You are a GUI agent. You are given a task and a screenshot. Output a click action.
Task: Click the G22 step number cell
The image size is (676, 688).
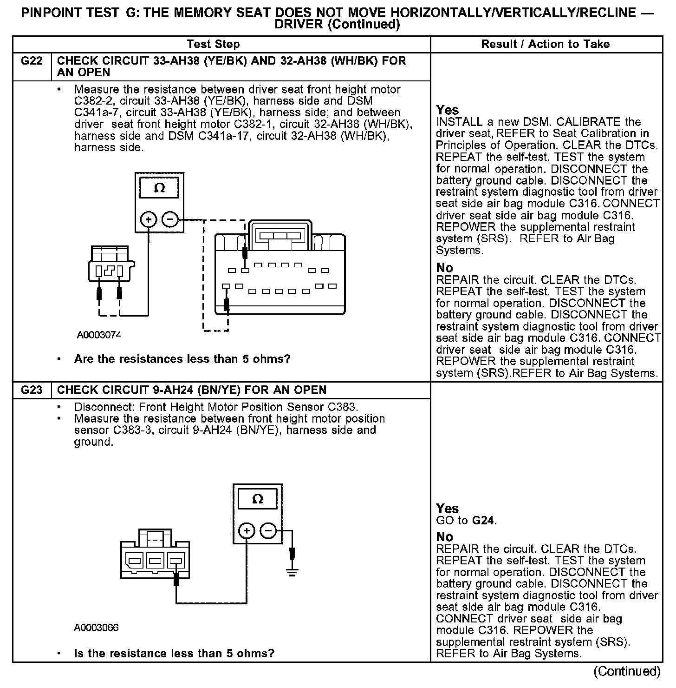click(x=32, y=61)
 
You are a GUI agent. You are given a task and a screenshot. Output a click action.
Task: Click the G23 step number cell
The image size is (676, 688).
click(x=32, y=390)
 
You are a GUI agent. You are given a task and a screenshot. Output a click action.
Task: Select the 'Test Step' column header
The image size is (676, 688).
click(x=213, y=44)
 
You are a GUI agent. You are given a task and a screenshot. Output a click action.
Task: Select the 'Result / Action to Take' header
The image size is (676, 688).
click(x=546, y=44)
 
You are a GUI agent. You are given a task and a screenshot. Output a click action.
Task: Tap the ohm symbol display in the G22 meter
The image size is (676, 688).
click(x=159, y=188)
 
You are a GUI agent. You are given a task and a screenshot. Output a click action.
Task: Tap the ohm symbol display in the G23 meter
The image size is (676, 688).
click(x=257, y=500)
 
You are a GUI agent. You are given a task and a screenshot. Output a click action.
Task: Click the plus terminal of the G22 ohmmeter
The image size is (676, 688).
click(x=149, y=218)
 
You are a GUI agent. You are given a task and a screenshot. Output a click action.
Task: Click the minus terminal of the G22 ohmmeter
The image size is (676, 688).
click(x=170, y=218)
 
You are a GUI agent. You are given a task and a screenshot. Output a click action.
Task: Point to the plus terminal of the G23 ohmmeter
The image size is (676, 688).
click(x=247, y=530)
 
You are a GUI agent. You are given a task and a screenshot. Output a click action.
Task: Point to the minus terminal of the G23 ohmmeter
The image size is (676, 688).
click(x=268, y=530)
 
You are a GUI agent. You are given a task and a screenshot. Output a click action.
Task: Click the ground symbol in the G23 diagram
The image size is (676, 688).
click(x=292, y=572)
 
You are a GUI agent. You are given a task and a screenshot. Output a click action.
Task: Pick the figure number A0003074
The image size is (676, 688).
click(x=99, y=335)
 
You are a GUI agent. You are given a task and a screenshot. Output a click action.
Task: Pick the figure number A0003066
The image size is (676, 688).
click(x=96, y=628)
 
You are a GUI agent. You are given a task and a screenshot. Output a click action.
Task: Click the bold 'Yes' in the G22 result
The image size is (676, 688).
click(x=448, y=110)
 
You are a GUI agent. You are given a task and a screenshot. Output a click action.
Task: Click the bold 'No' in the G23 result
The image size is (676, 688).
click(x=445, y=537)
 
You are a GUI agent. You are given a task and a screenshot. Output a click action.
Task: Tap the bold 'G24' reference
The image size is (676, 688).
click(x=483, y=521)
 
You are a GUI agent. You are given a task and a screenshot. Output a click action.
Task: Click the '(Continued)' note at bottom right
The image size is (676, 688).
click(x=627, y=671)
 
